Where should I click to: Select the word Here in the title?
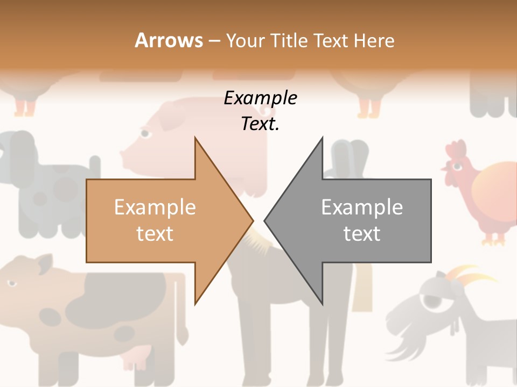pyautogui.click(x=374, y=40)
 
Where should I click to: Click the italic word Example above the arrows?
pyautogui.click(x=260, y=98)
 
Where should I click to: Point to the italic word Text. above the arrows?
pyautogui.click(x=260, y=124)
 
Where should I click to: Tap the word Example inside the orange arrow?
pyautogui.click(x=155, y=207)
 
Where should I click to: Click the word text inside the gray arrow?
pyautogui.click(x=362, y=233)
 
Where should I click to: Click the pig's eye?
pyautogui.click(x=144, y=133)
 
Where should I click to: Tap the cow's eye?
pyautogui.click(x=11, y=283)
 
